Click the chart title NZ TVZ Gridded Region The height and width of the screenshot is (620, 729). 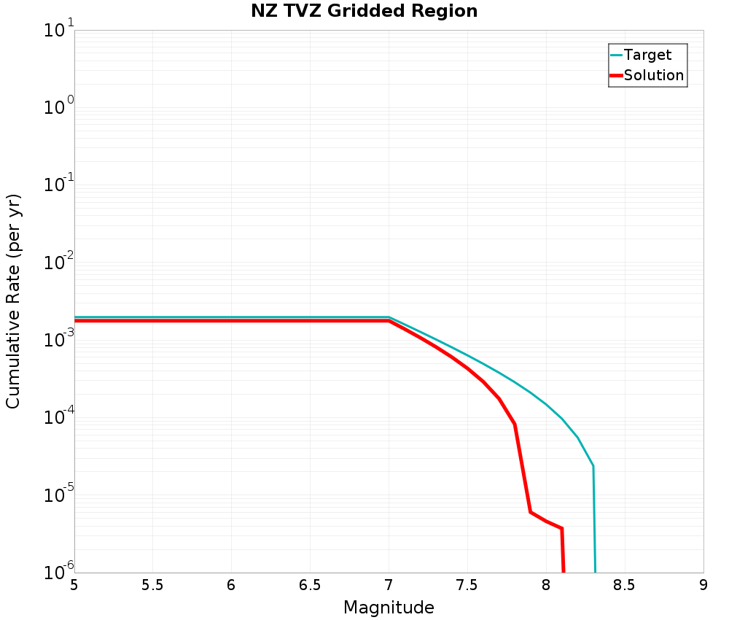[364, 12]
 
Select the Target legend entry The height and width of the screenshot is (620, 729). [647, 55]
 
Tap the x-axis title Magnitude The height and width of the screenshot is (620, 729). [389, 608]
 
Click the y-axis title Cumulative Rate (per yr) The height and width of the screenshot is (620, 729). [14, 301]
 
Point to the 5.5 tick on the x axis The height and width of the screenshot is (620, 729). [152, 585]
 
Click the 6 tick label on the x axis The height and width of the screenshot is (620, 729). [231, 585]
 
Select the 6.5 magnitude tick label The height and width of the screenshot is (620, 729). [310, 585]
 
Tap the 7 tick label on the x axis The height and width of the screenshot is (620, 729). [389, 585]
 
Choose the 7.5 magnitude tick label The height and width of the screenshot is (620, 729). [467, 585]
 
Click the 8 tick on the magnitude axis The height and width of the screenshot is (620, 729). [546, 585]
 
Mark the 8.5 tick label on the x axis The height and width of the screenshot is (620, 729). [625, 585]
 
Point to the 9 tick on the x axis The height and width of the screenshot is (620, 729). [703, 585]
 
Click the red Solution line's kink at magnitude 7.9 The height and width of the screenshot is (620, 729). [530, 511]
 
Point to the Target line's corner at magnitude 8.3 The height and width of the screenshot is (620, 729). [593, 465]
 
